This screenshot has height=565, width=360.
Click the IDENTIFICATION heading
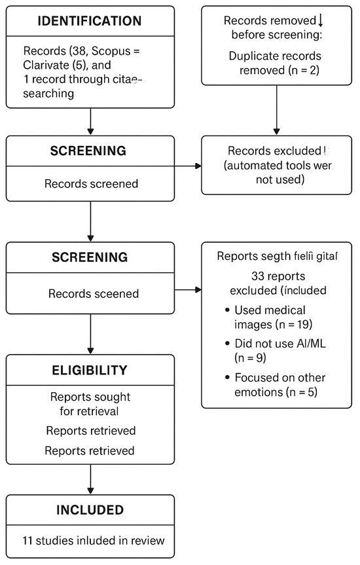pos(90,21)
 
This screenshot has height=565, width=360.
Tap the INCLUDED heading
pos(90,509)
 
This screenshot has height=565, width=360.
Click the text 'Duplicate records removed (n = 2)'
pos(277,63)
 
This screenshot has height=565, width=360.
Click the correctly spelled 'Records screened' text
pos(91,183)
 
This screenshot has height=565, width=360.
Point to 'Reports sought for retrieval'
pos(90,405)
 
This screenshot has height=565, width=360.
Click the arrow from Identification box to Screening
pos(90,122)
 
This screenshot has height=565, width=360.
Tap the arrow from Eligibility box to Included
pos(90,480)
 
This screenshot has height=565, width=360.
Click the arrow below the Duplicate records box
pos(277,110)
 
